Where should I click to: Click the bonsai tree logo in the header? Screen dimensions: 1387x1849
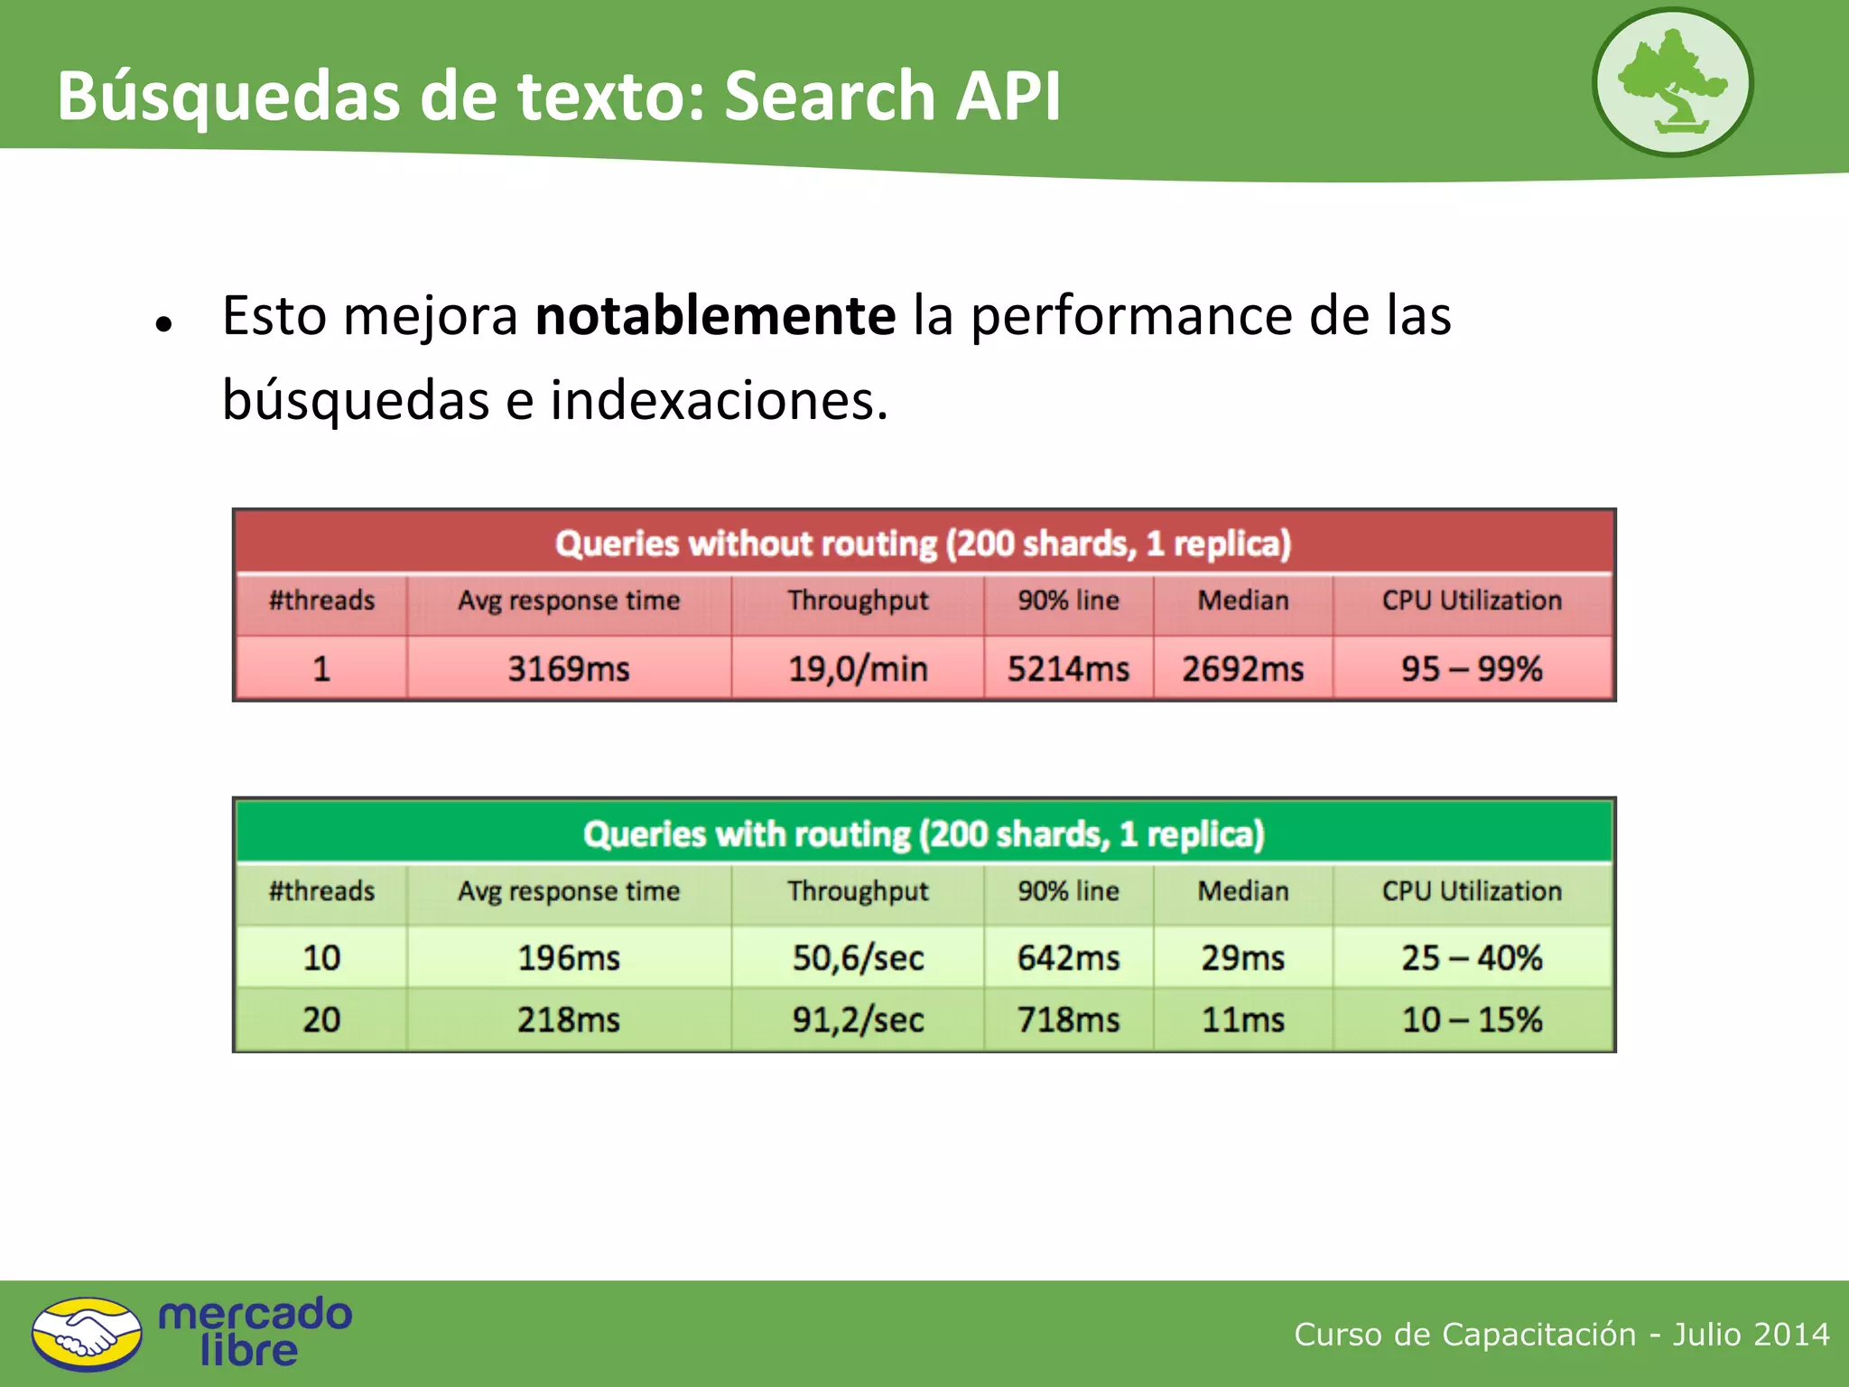[x=1672, y=82]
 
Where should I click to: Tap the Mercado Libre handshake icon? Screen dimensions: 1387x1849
[x=87, y=1334]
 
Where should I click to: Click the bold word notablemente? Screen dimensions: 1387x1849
[x=715, y=315]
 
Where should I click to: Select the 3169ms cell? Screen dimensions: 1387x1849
[x=569, y=669]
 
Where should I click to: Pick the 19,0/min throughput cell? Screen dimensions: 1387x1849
[x=858, y=669]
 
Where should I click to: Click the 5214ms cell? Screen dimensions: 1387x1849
[x=1068, y=669]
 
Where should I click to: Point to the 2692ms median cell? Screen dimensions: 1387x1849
[x=1243, y=669]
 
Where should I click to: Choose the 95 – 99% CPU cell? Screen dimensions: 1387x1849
[x=1472, y=669]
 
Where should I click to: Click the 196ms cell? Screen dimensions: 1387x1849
[x=569, y=957]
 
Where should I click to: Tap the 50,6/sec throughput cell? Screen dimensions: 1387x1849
[x=858, y=957]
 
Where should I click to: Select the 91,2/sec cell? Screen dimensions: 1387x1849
[x=858, y=1019]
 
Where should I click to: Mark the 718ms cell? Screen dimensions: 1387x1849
[x=1068, y=1019]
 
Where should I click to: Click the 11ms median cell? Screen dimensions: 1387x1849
[x=1243, y=1019]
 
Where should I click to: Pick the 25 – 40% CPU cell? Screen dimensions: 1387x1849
[x=1472, y=957]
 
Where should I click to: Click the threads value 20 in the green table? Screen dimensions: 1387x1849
[x=321, y=1019]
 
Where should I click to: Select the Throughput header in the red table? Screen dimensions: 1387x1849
[x=858, y=600]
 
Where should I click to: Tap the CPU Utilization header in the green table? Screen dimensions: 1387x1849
[x=1472, y=891]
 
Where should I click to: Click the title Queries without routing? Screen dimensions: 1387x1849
[x=923, y=544]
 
